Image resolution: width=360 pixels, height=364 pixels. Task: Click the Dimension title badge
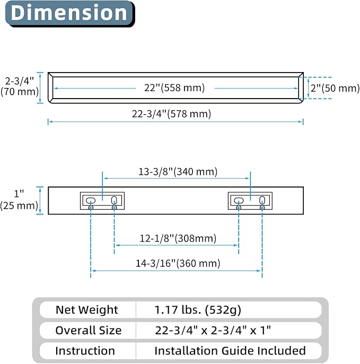coord(70,13)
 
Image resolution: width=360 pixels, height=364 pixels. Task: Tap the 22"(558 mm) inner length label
coord(174,88)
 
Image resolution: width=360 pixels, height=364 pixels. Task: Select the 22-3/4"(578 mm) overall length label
coord(171,114)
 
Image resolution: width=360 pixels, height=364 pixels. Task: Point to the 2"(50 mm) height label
coord(335,88)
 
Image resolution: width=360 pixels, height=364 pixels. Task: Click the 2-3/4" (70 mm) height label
coord(20,86)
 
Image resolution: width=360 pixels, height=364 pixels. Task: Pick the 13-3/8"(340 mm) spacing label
coord(178,172)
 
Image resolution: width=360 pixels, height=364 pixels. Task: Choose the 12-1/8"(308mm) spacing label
coord(178,238)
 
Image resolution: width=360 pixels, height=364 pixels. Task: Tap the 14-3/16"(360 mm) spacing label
coord(178,263)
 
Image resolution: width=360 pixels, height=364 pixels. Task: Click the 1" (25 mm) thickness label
coord(19,200)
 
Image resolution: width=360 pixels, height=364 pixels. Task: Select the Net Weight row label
coord(86,309)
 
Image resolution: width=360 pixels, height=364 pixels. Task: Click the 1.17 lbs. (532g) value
coord(198,310)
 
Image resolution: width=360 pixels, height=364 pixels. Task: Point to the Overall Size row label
coord(88,330)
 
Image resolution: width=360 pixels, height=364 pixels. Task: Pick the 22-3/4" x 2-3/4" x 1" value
coord(213,330)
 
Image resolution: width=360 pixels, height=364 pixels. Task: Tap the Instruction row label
coord(85,351)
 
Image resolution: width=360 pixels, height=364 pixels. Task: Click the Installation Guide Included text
coord(230,351)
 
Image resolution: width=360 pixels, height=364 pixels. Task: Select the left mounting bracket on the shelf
coord(102,201)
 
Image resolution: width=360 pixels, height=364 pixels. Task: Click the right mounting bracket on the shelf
coord(250,201)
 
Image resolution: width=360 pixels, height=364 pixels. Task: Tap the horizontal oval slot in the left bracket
coord(91,201)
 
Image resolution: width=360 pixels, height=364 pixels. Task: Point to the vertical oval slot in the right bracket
coord(262,200)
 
